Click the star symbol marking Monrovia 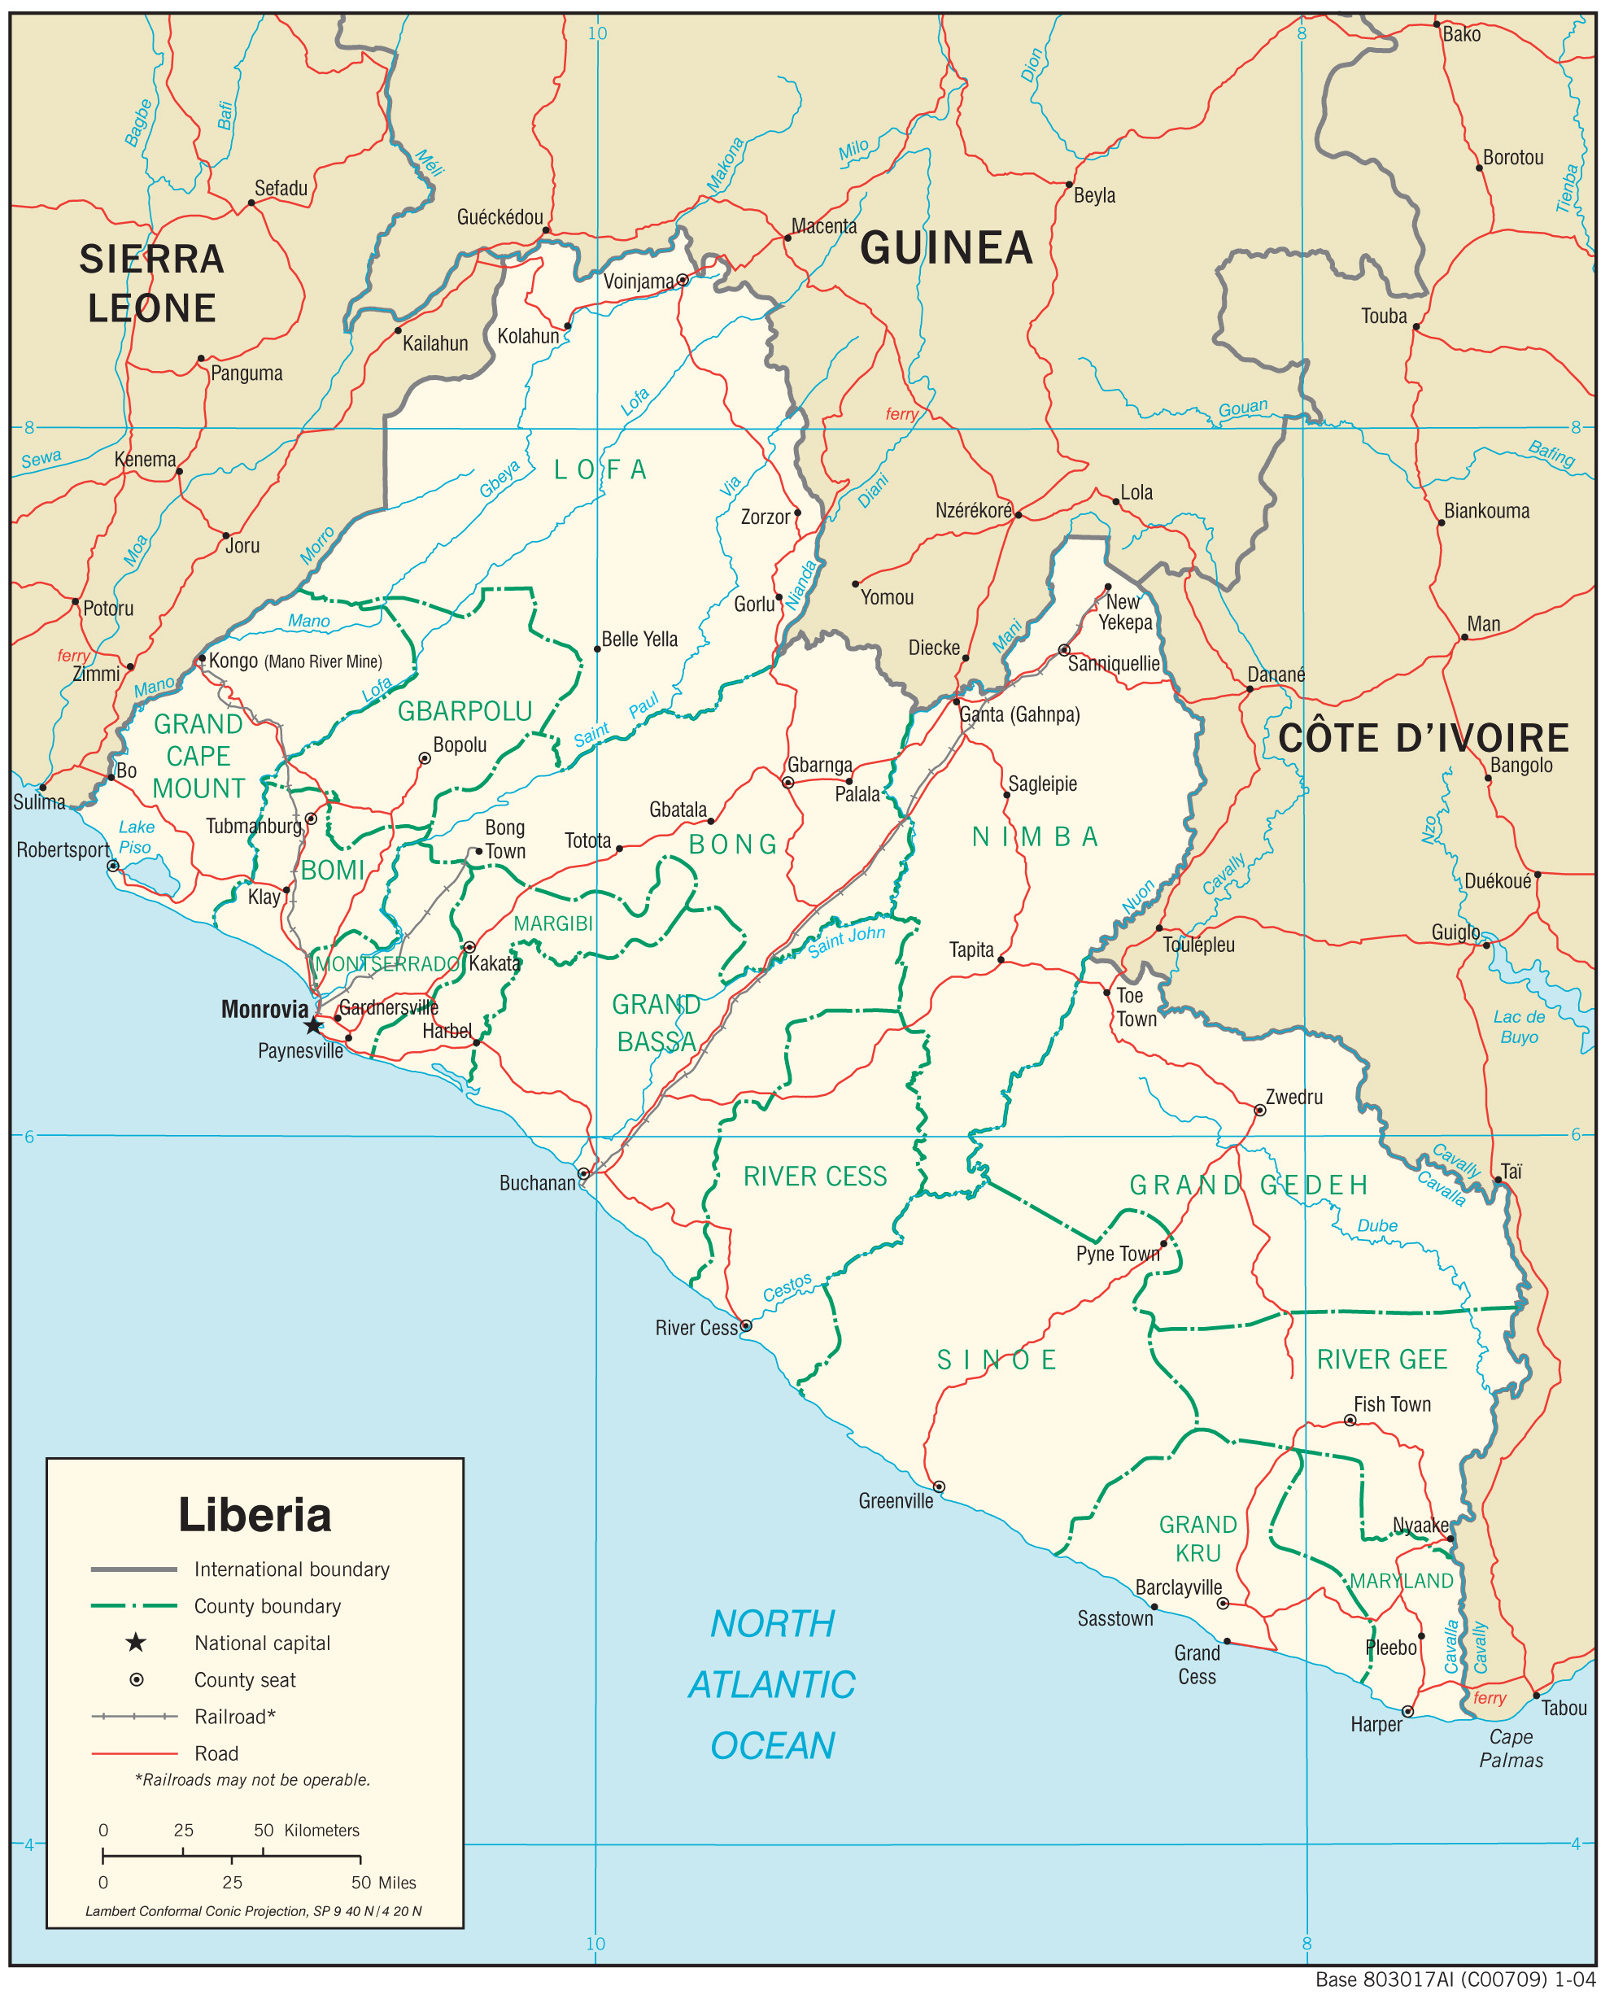pos(314,1025)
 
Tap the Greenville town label pos(896,1501)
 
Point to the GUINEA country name pos(945,248)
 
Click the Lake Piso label pos(136,836)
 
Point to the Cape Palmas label pos(1511,1748)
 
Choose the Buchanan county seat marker pos(583,1174)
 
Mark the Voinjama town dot pos(683,280)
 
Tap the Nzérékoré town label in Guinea pos(972,510)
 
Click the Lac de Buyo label pos(1519,1026)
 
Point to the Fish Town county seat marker pos(1350,1420)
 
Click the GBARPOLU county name pos(465,711)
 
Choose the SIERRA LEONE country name pos(151,283)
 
